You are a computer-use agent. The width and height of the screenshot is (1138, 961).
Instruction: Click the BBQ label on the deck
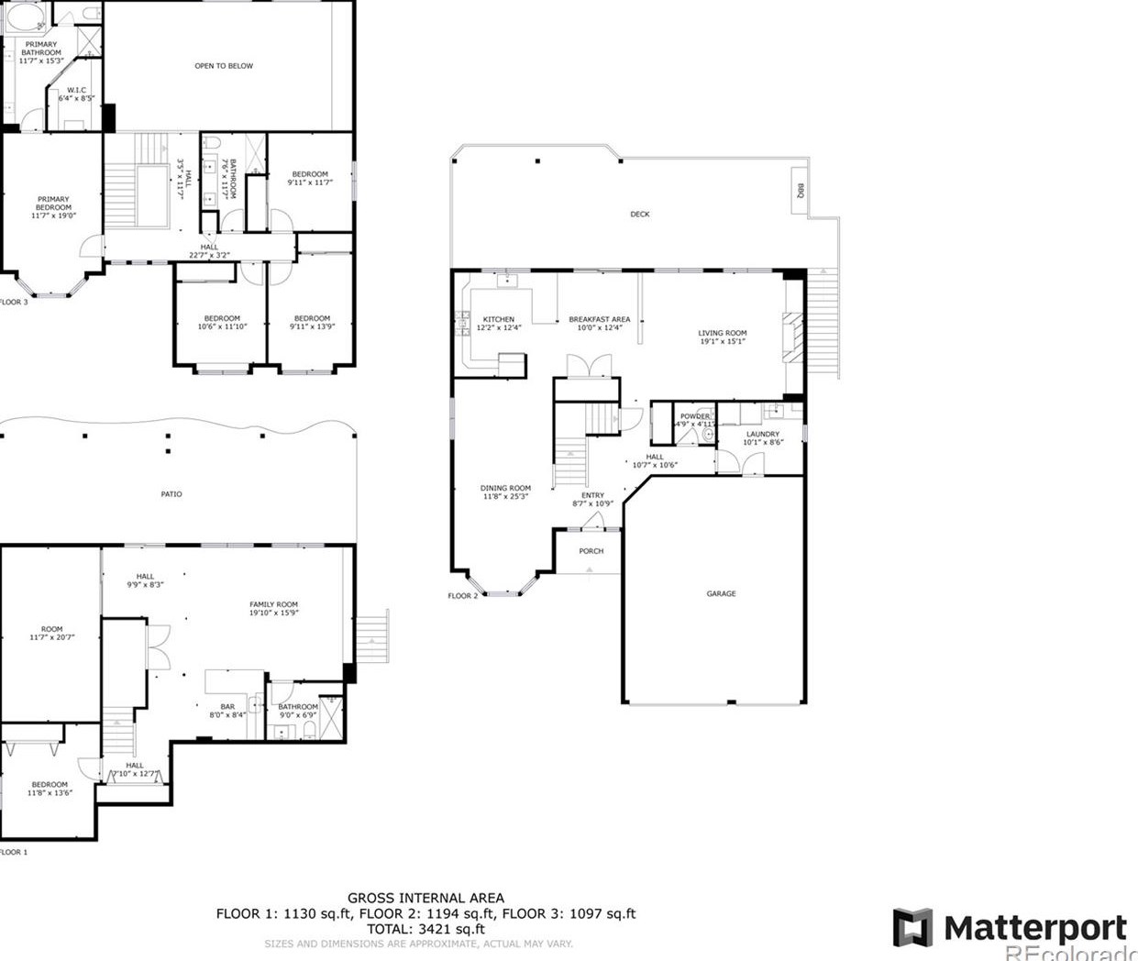click(x=800, y=191)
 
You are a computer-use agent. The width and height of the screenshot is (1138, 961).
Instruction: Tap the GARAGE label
click(x=721, y=594)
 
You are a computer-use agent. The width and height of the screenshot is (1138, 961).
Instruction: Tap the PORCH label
click(x=591, y=551)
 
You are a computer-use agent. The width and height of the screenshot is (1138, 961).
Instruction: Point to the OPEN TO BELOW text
click(x=224, y=66)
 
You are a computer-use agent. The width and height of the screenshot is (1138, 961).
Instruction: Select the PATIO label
click(x=171, y=494)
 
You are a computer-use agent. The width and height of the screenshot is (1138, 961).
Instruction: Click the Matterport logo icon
click(x=912, y=927)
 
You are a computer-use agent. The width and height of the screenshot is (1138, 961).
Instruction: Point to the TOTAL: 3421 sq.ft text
click(x=425, y=929)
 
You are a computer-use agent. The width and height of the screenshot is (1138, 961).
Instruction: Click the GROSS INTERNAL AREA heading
click(x=425, y=899)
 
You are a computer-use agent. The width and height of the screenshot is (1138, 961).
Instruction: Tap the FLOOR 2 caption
click(x=462, y=596)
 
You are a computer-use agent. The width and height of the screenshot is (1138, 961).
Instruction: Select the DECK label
click(x=640, y=215)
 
